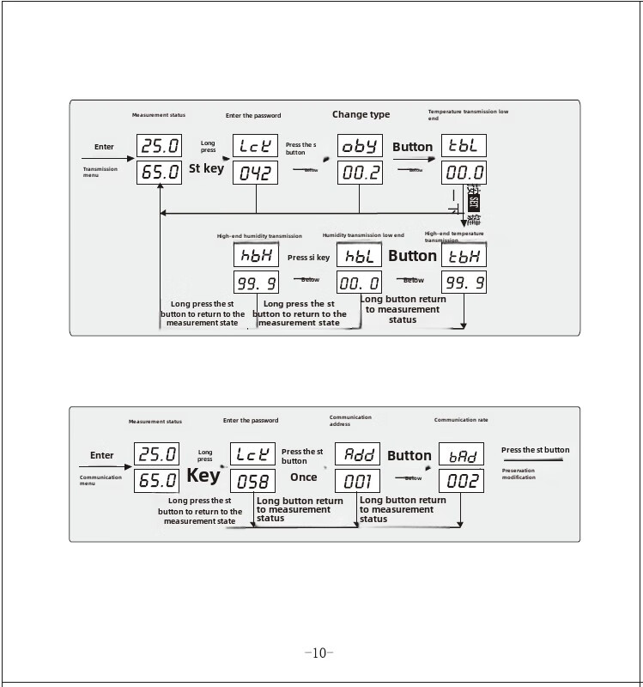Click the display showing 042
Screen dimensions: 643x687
coord(256,173)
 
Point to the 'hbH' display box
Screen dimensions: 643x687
coord(256,255)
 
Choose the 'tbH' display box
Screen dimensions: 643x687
coord(464,255)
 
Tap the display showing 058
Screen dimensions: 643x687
coord(254,481)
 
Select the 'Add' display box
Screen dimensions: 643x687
coord(357,454)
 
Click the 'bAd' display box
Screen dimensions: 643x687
coord(462,454)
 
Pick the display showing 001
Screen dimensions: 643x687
coord(357,481)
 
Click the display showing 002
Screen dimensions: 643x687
coord(462,481)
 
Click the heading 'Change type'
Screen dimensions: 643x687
coord(361,114)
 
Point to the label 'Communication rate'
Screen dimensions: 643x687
coord(461,420)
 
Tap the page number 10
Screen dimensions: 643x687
coord(318,654)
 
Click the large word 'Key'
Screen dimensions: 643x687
coord(203,474)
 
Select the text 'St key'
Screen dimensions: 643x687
coord(206,169)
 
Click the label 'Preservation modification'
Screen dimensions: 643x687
coord(519,474)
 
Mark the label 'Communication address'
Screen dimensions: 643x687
coord(350,421)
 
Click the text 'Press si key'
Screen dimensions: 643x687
coord(308,258)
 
